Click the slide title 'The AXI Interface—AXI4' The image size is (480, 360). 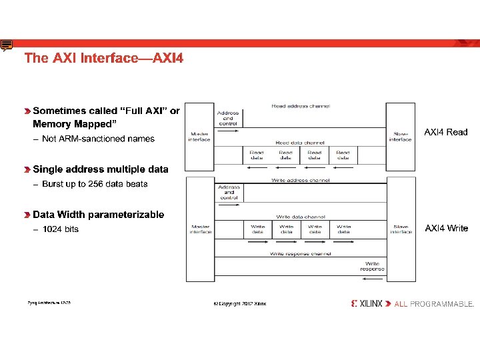(103, 58)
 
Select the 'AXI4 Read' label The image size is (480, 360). (446, 132)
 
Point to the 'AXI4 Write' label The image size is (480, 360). (447, 228)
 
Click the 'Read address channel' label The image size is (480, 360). (300, 106)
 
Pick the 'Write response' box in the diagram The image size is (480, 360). (372, 267)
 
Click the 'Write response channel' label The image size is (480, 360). (300, 254)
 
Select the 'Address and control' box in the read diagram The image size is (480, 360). (228, 118)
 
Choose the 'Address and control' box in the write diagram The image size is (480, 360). (228, 193)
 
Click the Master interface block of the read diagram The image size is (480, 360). (199, 136)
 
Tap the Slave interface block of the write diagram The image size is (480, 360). (401, 229)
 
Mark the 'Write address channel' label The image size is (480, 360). (300, 181)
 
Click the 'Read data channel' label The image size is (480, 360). (300, 143)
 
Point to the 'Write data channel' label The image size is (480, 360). (300, 217)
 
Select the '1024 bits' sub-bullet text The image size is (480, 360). (60, 229)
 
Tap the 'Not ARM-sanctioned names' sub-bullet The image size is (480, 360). (98, 139)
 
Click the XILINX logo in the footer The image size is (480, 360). (367, 303)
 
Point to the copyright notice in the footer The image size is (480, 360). (239, 304)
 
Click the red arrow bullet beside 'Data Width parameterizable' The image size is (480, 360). (27, 215)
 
